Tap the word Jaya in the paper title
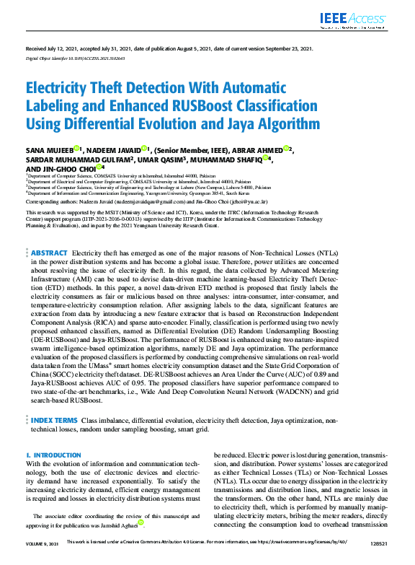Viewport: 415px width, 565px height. pos(241,123)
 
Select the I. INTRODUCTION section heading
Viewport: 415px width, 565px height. pos(53,455)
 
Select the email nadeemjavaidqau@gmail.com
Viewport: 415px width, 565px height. pos(143,204)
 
